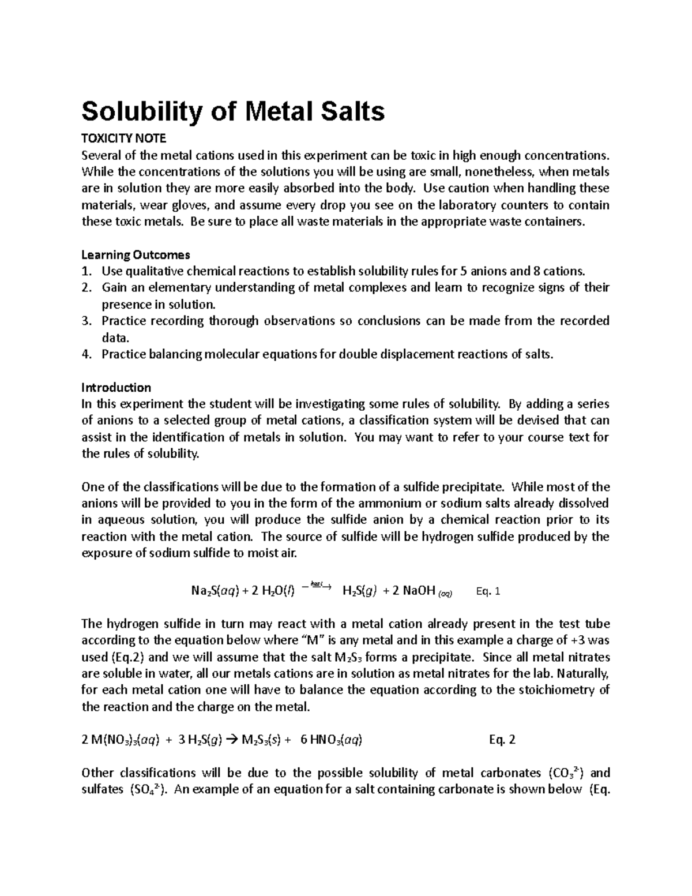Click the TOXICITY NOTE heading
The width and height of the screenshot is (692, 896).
[x=123, y=138]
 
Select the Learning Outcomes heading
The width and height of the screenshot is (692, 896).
[x=136, y=254]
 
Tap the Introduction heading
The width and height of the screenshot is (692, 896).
[x=116, y=387]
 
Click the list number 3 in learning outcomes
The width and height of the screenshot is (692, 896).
[x=86, y=321]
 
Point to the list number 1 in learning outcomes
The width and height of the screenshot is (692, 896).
[x=86, y=271]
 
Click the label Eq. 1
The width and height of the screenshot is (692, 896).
[x=488, y=591]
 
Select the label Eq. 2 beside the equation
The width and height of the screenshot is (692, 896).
[x=502, y=740]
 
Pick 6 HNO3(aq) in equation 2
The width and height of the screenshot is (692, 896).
[x=331, y=740]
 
